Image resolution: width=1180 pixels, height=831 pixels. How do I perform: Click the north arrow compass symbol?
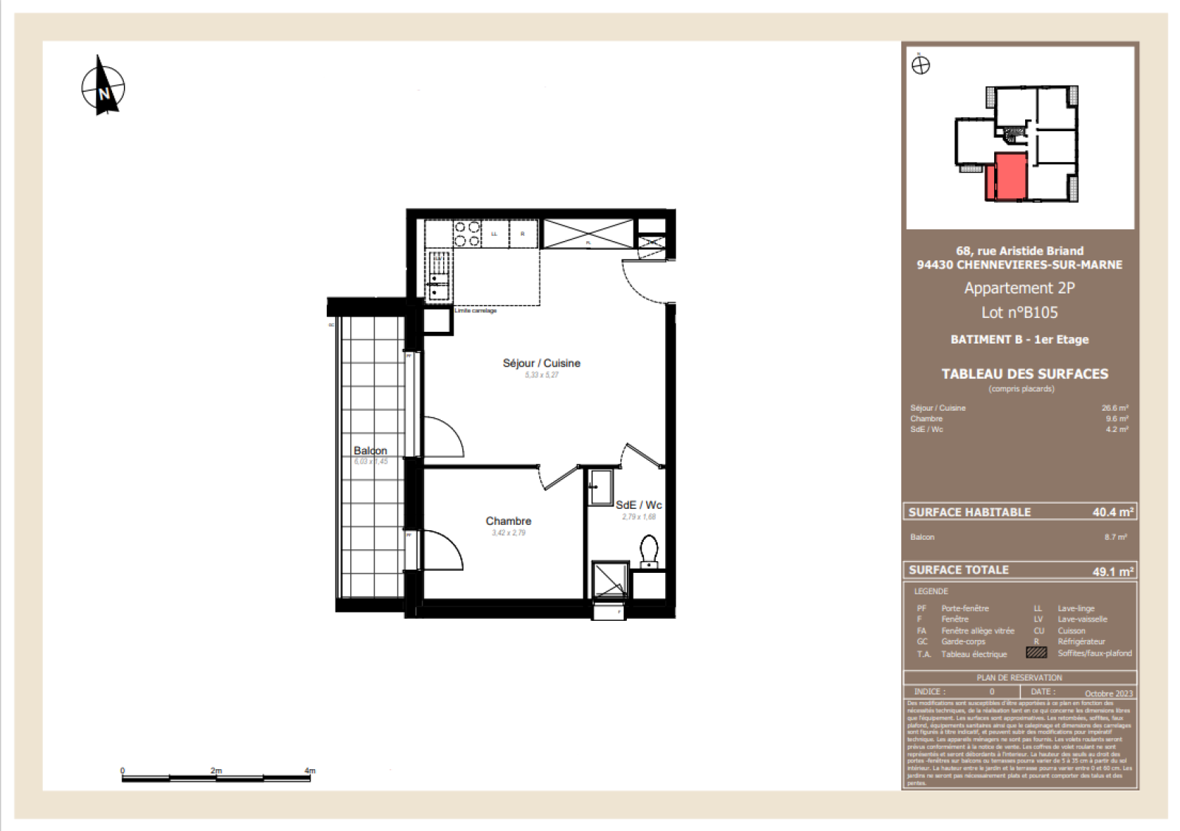[103, 87]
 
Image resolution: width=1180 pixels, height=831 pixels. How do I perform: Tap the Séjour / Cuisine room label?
[541, 363]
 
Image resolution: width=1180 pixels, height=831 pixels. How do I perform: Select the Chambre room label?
[508, 521]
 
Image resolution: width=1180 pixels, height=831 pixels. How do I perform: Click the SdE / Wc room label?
[639, 505]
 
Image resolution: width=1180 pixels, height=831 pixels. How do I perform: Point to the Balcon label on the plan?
[370, 451]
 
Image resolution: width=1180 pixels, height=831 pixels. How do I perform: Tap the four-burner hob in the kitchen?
[467, 234]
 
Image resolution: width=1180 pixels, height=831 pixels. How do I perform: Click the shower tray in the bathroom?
[611, 579]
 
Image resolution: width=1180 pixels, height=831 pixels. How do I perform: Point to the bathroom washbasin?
[600, 487]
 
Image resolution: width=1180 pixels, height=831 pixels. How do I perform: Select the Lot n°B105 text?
[1019, 313]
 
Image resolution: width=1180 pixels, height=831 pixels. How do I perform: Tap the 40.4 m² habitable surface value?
[1112, 512]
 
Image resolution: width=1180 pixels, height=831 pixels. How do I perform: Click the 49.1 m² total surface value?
[1112, 571]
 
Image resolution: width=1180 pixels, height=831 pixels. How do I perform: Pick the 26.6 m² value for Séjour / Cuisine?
[1114, 408]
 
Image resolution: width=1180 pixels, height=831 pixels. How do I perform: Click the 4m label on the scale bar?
[310, 771]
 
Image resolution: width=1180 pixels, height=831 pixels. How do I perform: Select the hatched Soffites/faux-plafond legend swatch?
[1036, 653]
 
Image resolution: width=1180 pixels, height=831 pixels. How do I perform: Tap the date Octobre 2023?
[1108, 693]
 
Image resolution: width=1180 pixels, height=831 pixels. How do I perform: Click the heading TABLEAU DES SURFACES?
[1024, 374]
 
